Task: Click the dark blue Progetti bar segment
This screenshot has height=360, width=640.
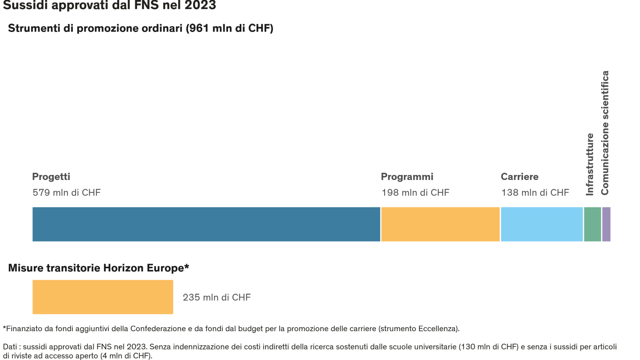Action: pos(206,224)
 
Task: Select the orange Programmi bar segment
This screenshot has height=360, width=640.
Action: pos(440,224)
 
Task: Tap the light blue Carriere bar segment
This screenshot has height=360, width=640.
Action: pos(542,224)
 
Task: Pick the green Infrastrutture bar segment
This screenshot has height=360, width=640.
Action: pos(592,224)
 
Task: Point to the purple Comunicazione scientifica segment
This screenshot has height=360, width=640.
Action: pos(606,224)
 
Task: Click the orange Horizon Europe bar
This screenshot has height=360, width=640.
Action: pos(103,297)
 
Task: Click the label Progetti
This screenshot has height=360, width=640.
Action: pos(51,177)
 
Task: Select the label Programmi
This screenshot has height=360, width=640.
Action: pos(407,177)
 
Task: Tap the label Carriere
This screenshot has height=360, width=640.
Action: pos(519,177)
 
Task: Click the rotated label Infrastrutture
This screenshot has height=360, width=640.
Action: pos(590,164)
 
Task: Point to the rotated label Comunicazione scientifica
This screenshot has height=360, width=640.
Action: pos(605,133)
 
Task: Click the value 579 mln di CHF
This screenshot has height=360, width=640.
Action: pos(67,193)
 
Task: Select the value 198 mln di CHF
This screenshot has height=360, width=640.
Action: pos(415,193)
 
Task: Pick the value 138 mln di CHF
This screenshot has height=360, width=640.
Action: pos(535,193)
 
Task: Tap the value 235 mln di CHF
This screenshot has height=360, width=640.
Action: pos(216,297)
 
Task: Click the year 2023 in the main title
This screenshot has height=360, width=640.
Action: pos(200,5)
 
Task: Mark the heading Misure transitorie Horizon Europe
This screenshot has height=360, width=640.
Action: pos(98,268)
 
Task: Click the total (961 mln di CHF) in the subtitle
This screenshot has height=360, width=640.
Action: pos(229,28)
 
